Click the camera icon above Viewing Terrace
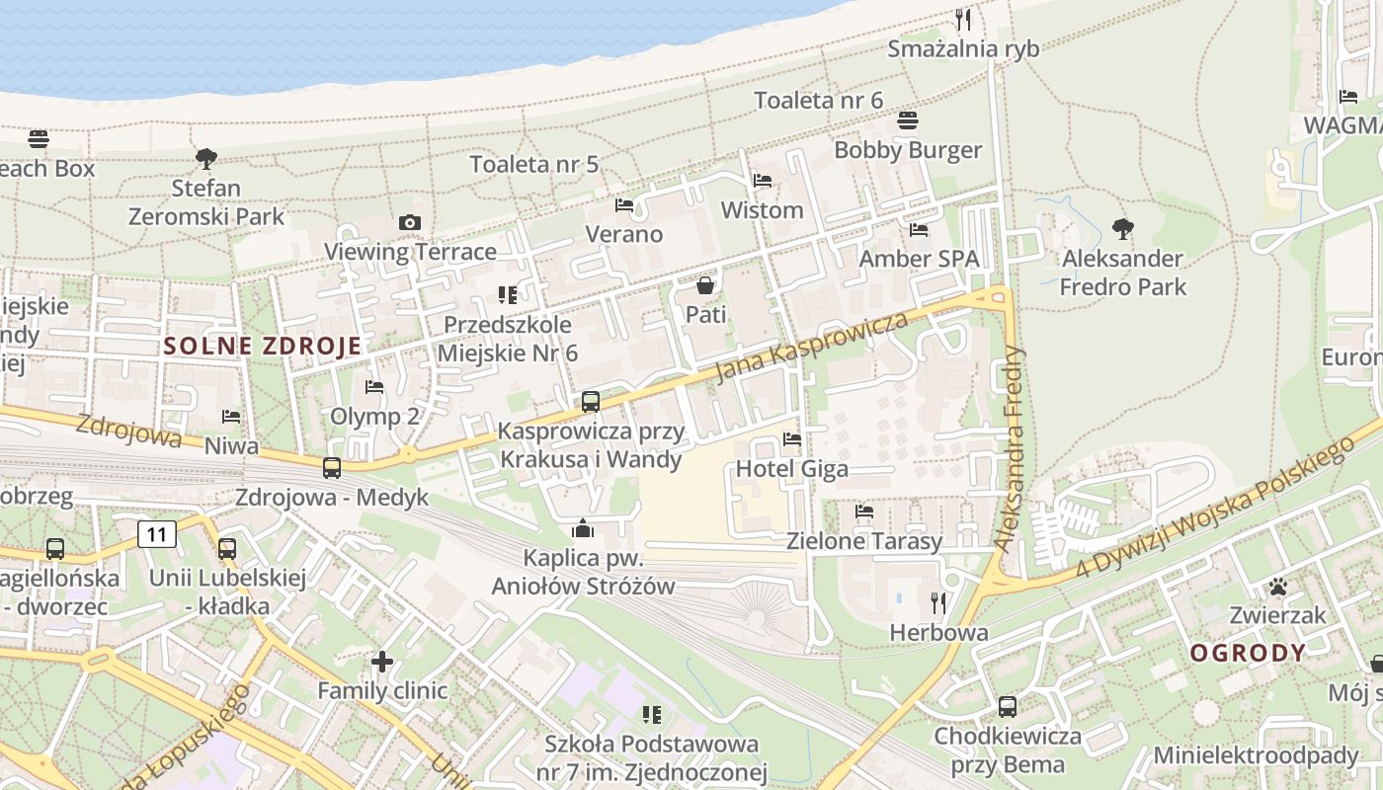(x=410, y=223)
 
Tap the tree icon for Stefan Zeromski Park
(x=205, y=158)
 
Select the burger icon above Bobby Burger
(x=908, y=120)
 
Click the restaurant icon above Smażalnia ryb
(x=963, y=19)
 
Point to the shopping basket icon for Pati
(x=705, y=286)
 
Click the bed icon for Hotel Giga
(x=791, y=439)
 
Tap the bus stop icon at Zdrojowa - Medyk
(x=332, y=468)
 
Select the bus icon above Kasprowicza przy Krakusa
(x=591, y=402)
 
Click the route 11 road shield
(x=157, y=534)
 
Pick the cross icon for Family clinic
(x=382, y=662)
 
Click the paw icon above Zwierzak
(x=1278, y=587)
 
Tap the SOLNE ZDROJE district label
(x=263, y=346)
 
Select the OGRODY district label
(x=1248, y=653)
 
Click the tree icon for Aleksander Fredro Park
(x=1122, y=229)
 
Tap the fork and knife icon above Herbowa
(x=938, y=602)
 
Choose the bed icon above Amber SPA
(x=919, y=230)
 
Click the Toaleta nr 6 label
(x=818, y=100)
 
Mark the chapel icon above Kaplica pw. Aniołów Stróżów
(x=583, y=529)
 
